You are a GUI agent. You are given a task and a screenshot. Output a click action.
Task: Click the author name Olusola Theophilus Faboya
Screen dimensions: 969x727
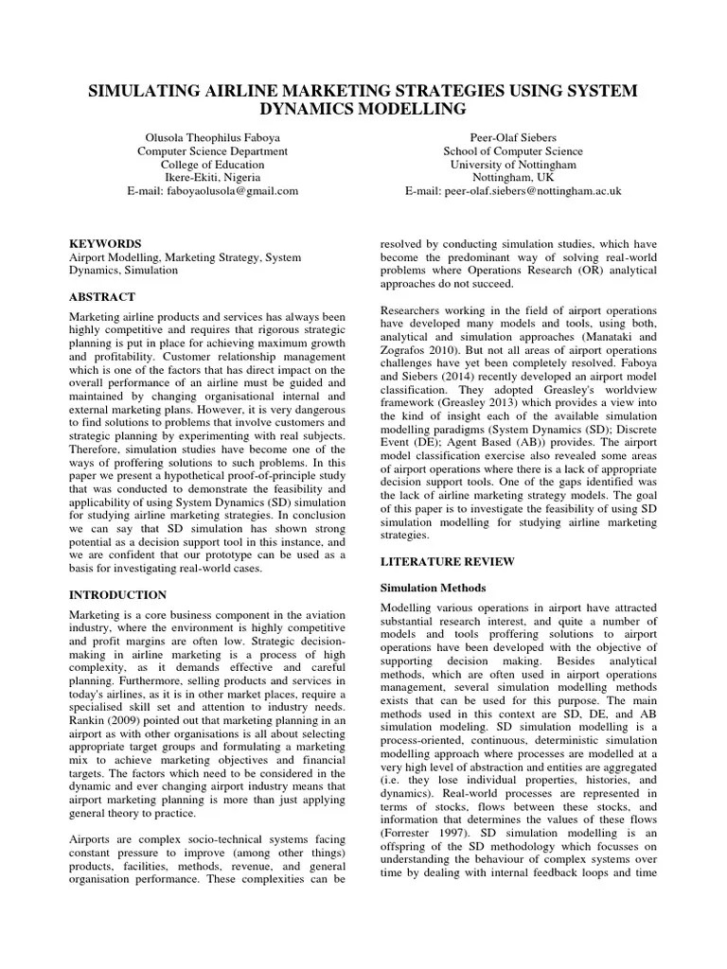point(212,136)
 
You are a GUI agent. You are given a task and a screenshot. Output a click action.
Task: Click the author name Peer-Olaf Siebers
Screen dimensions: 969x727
point(513,136)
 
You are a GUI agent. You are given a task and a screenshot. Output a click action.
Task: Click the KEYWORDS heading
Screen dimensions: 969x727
point(105,243)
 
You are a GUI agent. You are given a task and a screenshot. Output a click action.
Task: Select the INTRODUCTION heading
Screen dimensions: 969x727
point(118,595)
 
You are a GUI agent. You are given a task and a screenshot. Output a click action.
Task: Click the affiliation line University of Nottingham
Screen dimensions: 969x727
point(513,164)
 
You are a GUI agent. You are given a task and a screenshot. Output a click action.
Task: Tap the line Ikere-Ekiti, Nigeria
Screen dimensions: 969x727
point(212,177)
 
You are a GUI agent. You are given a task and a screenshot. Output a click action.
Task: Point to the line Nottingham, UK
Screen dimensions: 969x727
point(513,177)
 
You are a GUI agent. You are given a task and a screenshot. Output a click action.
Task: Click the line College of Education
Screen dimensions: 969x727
point(212,164)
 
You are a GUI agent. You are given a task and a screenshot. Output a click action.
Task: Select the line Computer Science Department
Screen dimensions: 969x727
point(212,150)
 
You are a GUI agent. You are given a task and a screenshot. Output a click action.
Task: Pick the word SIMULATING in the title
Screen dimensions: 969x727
point(143,90)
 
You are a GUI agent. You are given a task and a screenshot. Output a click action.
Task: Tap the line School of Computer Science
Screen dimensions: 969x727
point(513,150)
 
